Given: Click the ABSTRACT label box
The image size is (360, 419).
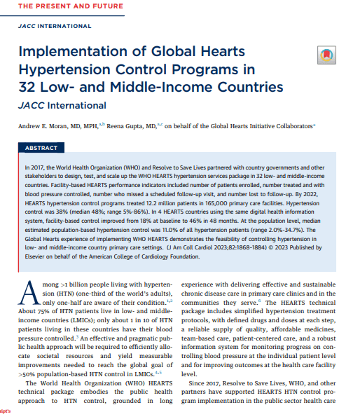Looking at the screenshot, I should coord(41,149).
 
